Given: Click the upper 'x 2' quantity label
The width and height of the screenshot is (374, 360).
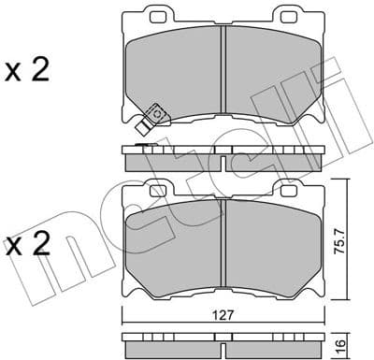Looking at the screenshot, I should coord(27,72).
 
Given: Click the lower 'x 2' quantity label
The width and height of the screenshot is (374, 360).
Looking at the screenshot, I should coord(27,246).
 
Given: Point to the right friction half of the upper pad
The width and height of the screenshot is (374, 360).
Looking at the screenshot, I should coord(271,75).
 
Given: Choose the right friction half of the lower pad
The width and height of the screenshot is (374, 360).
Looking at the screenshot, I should coord(271,240).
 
